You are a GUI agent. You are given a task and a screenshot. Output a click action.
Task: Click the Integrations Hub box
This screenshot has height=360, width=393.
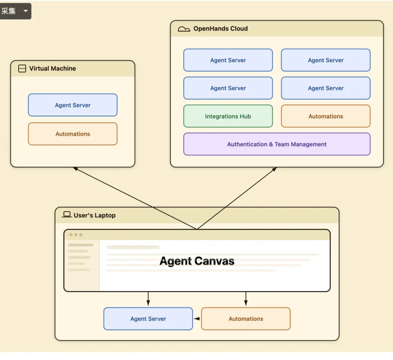[x=228, y=116]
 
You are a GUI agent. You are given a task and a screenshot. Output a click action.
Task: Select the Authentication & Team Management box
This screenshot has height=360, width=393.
[x=277, y=144]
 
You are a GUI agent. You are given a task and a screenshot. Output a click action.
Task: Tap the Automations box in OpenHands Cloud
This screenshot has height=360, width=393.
[x=326, y=116]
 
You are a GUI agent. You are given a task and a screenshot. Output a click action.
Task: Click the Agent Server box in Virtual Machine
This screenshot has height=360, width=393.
[x=73, y=105]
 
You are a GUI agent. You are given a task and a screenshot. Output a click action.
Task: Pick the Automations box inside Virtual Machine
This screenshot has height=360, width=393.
[x=73, y=134]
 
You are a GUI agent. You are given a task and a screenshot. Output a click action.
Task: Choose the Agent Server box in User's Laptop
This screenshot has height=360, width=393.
[x=148, y=319]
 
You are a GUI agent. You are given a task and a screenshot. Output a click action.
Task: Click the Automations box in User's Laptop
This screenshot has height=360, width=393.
[x=246, y=319]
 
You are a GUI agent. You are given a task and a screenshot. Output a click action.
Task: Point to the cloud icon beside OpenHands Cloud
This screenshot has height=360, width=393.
[x=184, y=29]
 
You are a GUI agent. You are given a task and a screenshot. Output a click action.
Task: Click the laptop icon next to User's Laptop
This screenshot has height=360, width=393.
[x=67, y=214]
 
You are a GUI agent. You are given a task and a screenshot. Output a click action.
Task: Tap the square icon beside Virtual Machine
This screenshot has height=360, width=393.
[x=22, y=68]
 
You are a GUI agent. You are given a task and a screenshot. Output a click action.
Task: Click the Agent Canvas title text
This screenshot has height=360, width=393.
[x=197, y=261]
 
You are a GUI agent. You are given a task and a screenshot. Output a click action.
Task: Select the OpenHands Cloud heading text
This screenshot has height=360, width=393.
[x=221, y=29]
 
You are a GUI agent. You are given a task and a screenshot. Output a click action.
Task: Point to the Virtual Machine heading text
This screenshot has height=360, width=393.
[x=52, y=68]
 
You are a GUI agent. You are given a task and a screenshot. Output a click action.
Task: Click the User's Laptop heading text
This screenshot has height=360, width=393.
[x=95, y=215]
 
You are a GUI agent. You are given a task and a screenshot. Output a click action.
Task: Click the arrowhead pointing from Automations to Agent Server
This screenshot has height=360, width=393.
[x=197, y=319]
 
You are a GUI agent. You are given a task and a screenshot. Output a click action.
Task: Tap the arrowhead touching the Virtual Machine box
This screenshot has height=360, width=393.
[x=75, y=169]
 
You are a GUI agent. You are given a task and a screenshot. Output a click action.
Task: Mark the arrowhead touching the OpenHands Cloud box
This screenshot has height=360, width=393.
[x=274, y=169]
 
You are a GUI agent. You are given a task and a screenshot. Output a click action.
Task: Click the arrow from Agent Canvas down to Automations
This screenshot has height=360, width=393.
[x=246, y=298]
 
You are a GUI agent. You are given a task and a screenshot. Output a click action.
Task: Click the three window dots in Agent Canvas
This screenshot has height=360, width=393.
[x=76, y=235]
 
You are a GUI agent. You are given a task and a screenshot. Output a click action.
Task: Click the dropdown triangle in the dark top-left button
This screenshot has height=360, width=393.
[x=25, y=11]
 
